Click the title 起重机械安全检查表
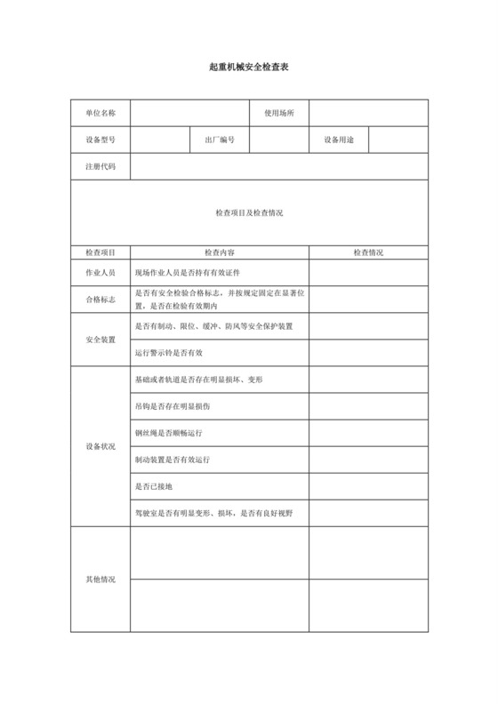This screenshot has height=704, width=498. tap(249, 68)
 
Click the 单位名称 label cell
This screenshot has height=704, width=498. tap(100, 113)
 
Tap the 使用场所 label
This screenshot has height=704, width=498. tap(279, 113)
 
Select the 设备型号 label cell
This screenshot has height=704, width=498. tap(100, 140)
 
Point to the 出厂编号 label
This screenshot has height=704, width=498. tap(220, 140)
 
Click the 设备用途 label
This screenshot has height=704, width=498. tap(339, 140)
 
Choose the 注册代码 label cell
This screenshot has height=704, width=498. tap(100, 166)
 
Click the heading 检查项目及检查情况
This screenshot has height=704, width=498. tap(249, 212)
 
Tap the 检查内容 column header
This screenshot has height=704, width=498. tap(220, 252)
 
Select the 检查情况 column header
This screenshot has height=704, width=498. tap(368, 252)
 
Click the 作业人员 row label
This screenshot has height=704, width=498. tap(100, 272)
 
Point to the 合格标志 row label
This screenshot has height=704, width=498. tap(100, 299)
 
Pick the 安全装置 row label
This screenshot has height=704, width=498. tap(100, 340)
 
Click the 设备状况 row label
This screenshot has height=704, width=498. tap(100, 446)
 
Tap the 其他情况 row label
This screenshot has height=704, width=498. tap(100, 579)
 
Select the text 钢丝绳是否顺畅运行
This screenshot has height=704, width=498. tap(171, 433)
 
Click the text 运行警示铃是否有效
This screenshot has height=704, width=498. tap(169, 353)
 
